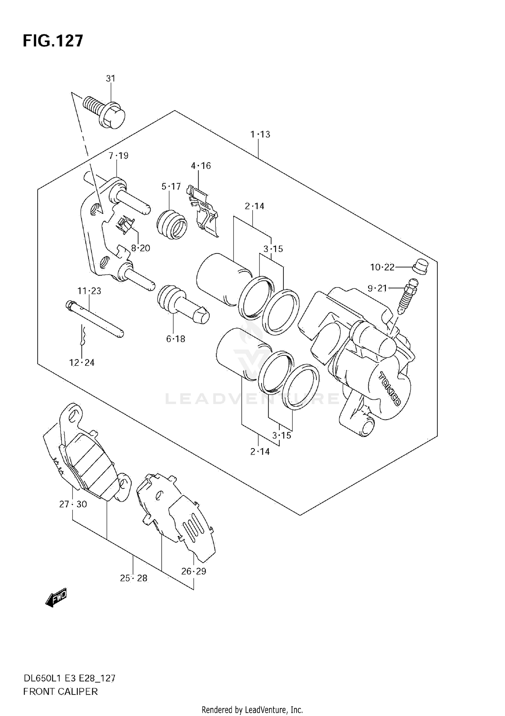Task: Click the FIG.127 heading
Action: click(53, 41)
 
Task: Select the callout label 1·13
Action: click(260, 134)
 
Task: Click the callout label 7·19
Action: click(119, 156)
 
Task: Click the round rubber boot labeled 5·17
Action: click(172, 225)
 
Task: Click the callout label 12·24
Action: click(82, 363)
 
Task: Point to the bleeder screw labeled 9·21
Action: click(408, 295)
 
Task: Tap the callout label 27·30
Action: click(73, 504)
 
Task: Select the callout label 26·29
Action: click(194, 571)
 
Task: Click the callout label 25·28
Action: click(134, 578)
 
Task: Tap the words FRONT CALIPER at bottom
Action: click(60, 692)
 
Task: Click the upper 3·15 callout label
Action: click(273, 249)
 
